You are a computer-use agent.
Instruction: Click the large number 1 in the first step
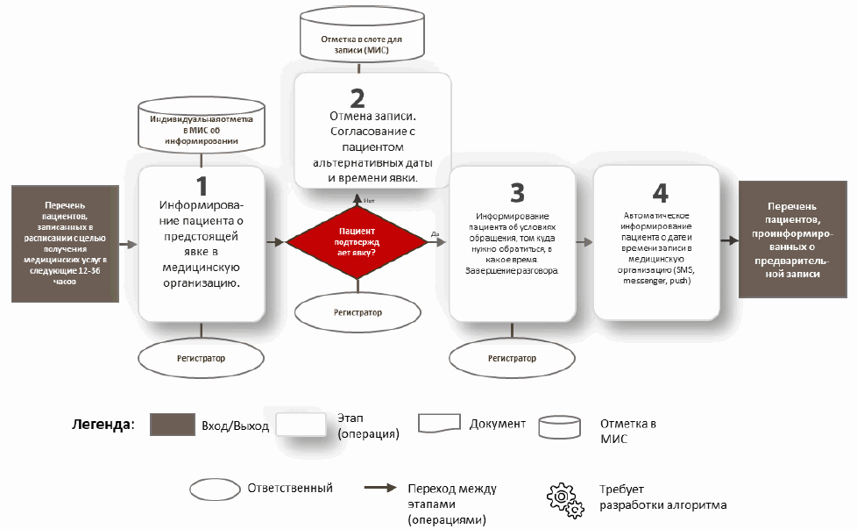202,186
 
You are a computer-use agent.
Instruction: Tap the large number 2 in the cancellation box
357,97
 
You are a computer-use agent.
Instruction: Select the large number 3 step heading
517,191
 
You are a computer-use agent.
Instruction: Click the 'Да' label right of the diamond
435,233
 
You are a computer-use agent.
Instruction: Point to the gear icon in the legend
565,497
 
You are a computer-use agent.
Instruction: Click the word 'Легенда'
102,425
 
